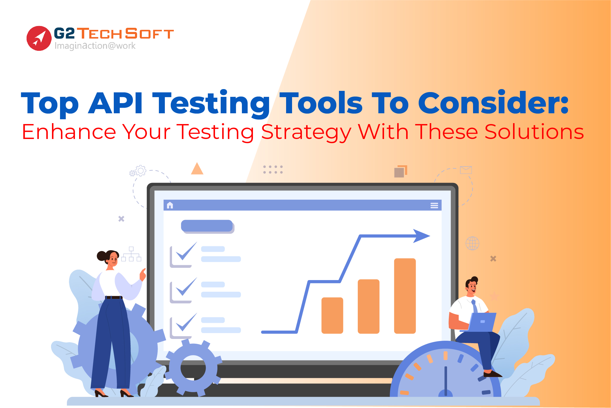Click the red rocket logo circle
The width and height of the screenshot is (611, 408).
pos(39,38)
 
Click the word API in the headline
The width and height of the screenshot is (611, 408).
pos(115,103)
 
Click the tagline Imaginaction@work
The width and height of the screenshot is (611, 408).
pos(95,46)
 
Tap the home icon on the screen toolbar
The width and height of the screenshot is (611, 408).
pos(170,205)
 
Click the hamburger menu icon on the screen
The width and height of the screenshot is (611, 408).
pos(434,205)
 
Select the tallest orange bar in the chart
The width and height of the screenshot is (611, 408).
pos(405,296)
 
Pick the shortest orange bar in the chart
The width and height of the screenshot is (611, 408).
pos(332,315)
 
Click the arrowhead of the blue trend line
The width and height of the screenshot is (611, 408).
pos(421,236)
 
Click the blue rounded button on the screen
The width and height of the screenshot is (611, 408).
pos(207,226)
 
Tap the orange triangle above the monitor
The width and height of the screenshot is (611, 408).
pos(197,169)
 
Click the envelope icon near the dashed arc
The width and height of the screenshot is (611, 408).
pos(466,170)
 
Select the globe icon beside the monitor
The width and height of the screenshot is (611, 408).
pos(472,243)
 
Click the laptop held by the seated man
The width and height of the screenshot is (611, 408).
pos(482,322)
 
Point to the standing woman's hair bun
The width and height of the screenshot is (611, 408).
pos(101,256)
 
